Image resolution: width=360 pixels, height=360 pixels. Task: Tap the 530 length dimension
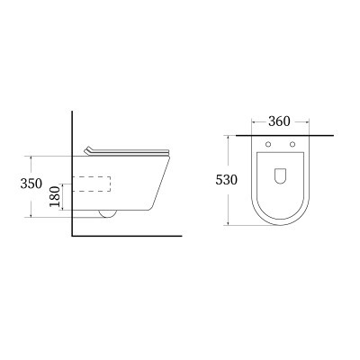coord(226,179)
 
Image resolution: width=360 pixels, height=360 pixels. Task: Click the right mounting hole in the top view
coord(293,145)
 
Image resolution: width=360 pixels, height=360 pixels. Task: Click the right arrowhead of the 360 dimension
coord(310,121)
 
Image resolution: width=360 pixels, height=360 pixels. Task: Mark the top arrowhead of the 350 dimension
coord(31,156)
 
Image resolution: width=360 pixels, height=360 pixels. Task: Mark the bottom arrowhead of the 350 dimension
coord(31,217)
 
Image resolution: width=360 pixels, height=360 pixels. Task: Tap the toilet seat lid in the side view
coord(126,150)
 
